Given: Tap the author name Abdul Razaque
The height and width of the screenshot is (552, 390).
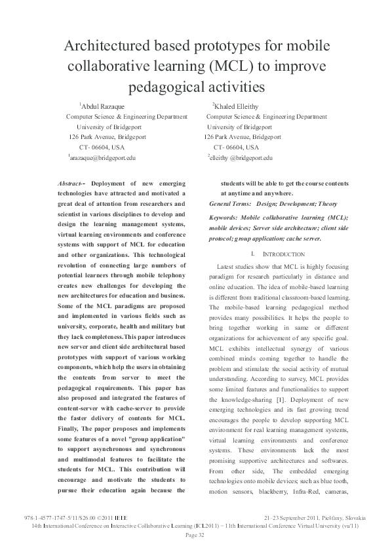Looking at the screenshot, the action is pyautogui.click(x=103, y=106).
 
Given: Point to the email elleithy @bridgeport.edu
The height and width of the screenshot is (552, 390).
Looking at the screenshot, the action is pyautogui.click(x=241, y=158).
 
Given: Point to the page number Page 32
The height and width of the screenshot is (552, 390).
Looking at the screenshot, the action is pyautogui.click(x=195, y=536).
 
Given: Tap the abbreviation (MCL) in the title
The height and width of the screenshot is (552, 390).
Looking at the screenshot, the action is pyautogui.click(x=226, y=68).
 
